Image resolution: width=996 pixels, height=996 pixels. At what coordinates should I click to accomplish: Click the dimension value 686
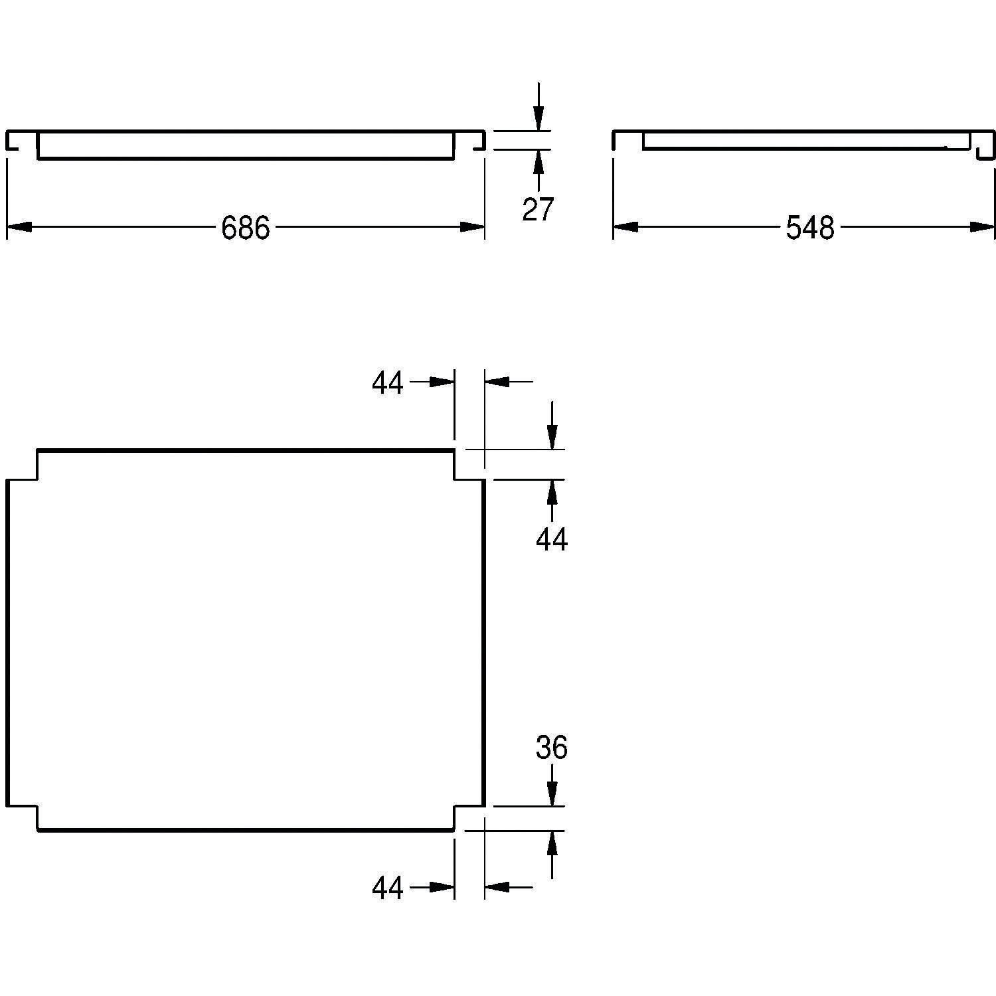coord(246,228)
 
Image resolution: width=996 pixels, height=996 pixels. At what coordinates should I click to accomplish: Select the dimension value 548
coord(809,228)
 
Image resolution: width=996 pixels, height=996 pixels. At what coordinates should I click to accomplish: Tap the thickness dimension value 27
coord(537,209)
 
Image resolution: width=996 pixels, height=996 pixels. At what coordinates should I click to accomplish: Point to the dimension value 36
coord(552,748)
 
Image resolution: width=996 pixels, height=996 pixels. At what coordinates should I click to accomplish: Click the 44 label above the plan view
coord(387,383)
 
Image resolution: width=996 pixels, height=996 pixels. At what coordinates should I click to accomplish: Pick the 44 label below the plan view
coord(387,887)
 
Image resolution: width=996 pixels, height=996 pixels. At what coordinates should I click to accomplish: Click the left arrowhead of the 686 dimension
coord(19,227)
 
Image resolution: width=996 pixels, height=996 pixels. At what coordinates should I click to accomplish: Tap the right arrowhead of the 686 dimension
coord(472,227)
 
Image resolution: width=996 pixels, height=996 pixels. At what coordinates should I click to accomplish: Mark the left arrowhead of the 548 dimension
coord(625,227)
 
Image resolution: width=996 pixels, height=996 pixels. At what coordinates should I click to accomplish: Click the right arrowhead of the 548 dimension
coord(983,227)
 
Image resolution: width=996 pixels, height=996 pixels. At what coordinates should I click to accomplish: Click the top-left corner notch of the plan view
coord(23,465)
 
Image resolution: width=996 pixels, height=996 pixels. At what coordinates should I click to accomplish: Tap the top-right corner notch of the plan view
coord(469,465)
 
